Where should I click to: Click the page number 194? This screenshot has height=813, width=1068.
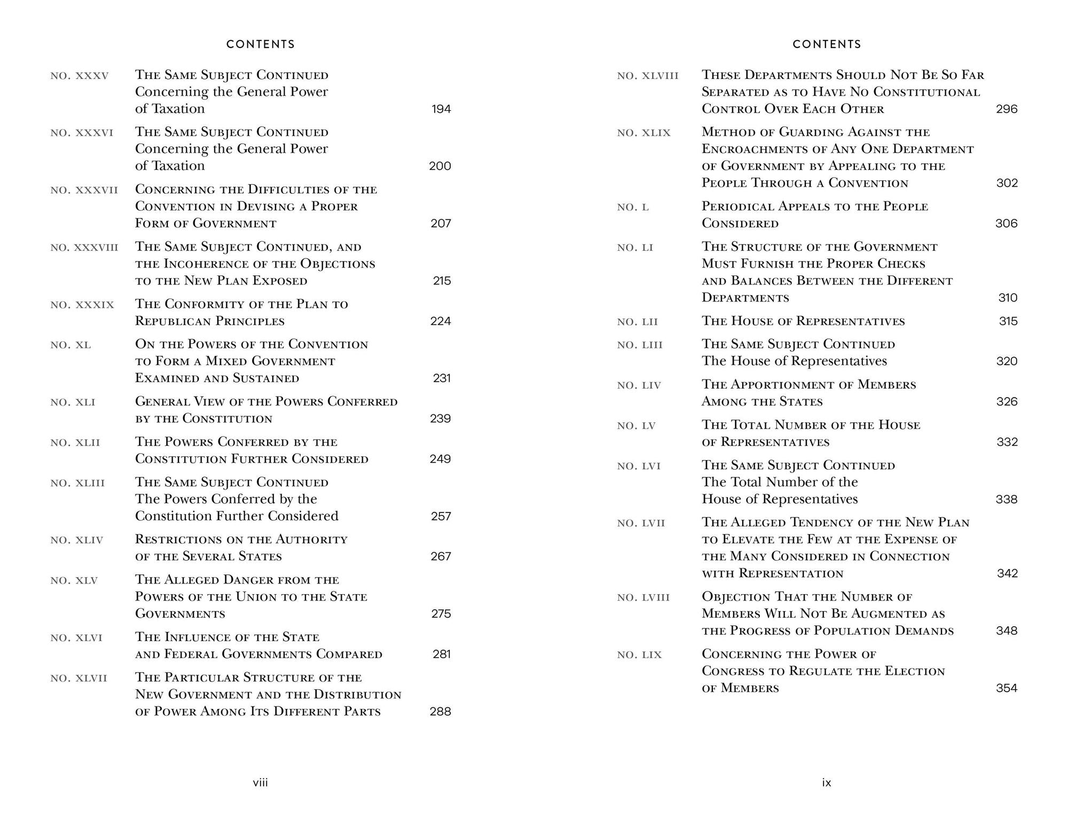click(x=441, y=109)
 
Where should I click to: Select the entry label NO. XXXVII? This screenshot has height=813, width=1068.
click(x=84, y=190)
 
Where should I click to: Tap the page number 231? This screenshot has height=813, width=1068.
click(x=442, y=378)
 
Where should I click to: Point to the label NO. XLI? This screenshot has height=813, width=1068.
click(x=73, y=402)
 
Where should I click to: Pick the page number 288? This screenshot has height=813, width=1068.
click(x=441, y=712)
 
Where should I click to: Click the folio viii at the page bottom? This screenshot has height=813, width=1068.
click(x=261, y=783)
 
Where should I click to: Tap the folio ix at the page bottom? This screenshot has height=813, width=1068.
click(x=827, y=783)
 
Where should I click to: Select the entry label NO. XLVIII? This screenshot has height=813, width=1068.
click(x=648, y=76)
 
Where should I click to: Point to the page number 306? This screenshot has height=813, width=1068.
click(x=1007, y=224)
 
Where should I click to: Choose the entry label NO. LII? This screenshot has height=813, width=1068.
click(x=638, y=322)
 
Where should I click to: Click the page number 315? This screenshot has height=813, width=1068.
click(x=1008, y=321)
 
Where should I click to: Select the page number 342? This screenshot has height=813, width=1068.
click(x=1008, y=573)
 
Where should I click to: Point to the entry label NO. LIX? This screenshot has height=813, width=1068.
click(x=639, y=655)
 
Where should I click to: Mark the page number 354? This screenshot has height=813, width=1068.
click(x=1007, y=688)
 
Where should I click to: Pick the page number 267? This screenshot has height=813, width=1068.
click(x=441, y=556)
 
